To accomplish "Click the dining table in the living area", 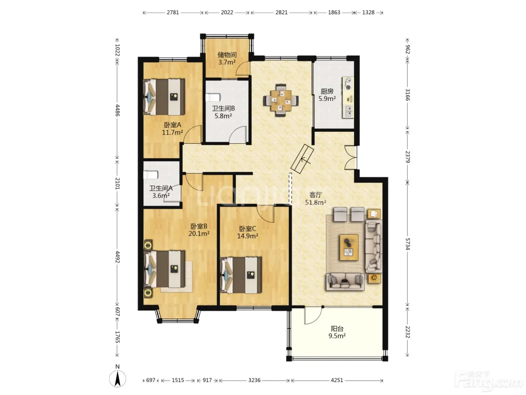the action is pos(281,100).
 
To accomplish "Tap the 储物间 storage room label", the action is pos(227,55).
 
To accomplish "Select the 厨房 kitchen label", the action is pos(327,91).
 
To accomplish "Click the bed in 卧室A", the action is pos(164,97).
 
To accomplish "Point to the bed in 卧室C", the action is pos(241,275).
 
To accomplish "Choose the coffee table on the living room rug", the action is pos(349,247).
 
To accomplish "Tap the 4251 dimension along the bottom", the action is pos(337,380).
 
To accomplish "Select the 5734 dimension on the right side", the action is pos(407,244).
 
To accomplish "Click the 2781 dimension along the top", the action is pos(173,12).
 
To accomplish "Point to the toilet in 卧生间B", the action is pos(213,97).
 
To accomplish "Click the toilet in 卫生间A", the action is pos(151,175).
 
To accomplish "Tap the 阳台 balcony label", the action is pos(337,328).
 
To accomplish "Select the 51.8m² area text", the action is pos(315,202).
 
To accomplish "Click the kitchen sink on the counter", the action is pos(348,111).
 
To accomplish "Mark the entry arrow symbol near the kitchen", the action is pos(302,159).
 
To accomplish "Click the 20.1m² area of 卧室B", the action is pos(199,234).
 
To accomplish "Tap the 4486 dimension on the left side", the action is pos(118,110).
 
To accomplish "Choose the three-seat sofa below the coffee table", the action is pos(345,281).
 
